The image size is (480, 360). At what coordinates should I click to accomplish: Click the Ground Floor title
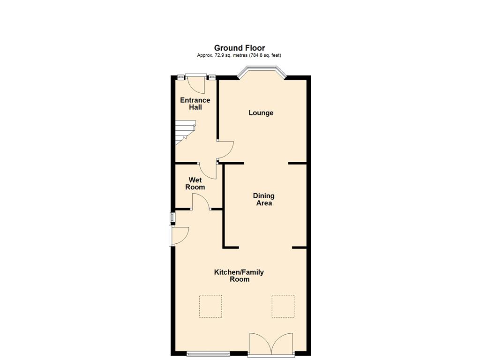tap(240, 48)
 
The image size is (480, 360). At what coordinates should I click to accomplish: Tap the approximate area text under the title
tap(239, 55)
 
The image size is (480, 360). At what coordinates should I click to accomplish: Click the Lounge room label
tap(261, 113)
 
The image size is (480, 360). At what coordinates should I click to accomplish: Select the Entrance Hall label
tap(195, 104)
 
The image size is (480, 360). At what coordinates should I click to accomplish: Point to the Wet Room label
tap(195, 183)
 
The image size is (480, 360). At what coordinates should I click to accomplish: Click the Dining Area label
tap(263, 199)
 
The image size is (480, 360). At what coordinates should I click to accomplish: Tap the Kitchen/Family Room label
tap(239, 276)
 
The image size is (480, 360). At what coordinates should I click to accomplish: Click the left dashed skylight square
tap(210, 306)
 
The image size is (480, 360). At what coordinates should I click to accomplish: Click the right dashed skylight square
tap(283, 306)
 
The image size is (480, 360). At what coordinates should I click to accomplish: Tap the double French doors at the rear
tap(271, 345)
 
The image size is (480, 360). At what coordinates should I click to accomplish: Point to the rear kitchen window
tap(208, 354)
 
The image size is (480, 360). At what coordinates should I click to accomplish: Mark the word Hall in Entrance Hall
tap(195, 107)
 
